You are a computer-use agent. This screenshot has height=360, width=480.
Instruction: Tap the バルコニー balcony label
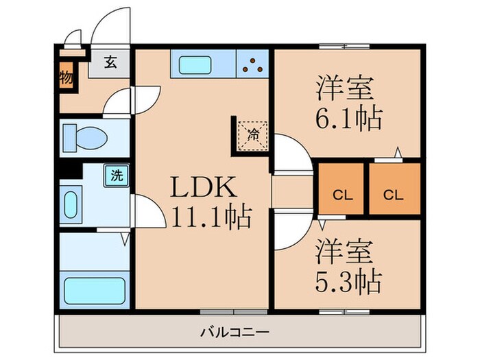(235, 333)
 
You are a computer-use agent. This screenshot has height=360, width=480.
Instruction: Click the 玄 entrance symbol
(110, 62)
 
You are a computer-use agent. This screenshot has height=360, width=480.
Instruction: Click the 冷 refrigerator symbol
(253, 134)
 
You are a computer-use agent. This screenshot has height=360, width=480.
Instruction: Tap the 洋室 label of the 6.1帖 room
(344, 88)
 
